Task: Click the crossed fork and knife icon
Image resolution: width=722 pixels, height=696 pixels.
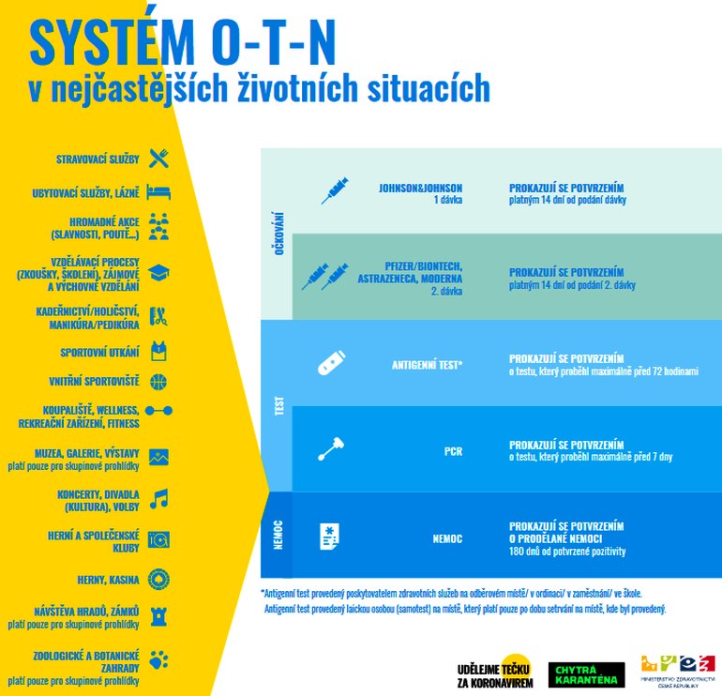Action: coord(158,159)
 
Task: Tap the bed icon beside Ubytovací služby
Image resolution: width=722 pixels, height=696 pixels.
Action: coord(158,192)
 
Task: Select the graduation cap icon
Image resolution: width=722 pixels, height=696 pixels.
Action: coord(158,273)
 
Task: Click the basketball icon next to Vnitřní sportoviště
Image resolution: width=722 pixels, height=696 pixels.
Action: coord(158,382)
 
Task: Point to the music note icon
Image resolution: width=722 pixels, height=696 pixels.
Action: coord(159,499)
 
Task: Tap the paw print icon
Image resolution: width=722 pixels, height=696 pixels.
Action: coord(158,659)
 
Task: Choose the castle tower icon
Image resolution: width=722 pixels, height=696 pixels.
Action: coord(158,616)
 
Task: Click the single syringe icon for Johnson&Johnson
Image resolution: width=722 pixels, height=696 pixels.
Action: coord(335,189)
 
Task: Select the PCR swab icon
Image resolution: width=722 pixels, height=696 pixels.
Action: coord(331,448)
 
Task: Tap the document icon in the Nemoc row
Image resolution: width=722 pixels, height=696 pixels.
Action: coord(330,537)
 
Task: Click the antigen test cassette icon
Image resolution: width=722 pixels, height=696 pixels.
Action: coord(331,363)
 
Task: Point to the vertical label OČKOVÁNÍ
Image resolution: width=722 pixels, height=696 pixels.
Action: coord(279,234)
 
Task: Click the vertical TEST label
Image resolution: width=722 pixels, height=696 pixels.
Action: coord(279,406)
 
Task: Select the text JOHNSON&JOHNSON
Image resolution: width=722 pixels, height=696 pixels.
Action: coord(420,188)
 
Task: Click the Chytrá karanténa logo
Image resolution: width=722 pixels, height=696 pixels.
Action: coord(587,674)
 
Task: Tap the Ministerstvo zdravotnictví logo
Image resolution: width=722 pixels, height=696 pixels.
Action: coord(678,671)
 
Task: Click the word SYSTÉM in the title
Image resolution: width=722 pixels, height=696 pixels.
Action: coord(113,42)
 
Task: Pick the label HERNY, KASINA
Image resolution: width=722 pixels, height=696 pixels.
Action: coord(108,580)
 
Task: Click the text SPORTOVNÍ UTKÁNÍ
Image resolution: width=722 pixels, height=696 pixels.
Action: coord(99,353)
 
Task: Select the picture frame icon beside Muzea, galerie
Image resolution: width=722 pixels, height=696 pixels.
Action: coord(158,458)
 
